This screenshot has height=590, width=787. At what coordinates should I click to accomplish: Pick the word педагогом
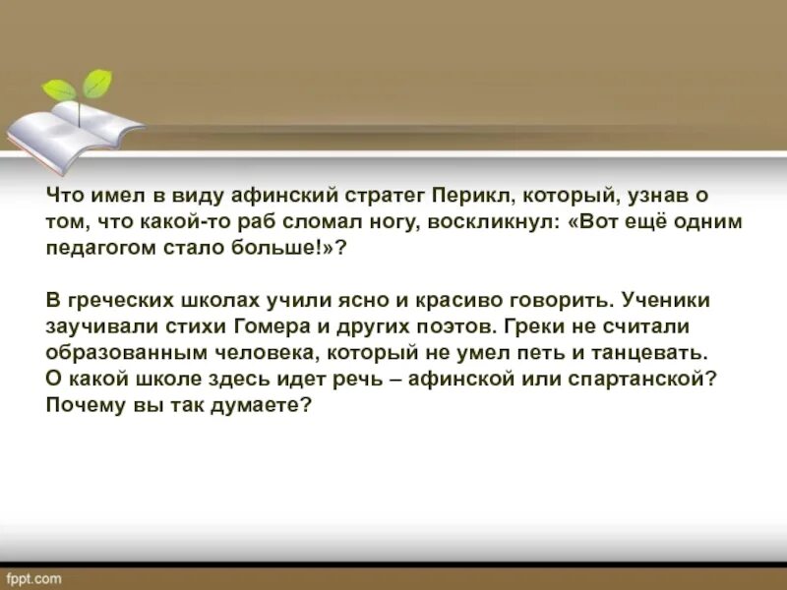[94, 249]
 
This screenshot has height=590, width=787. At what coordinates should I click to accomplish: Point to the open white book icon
[69, 133]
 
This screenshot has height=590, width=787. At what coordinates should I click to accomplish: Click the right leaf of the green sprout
[97, 83]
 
